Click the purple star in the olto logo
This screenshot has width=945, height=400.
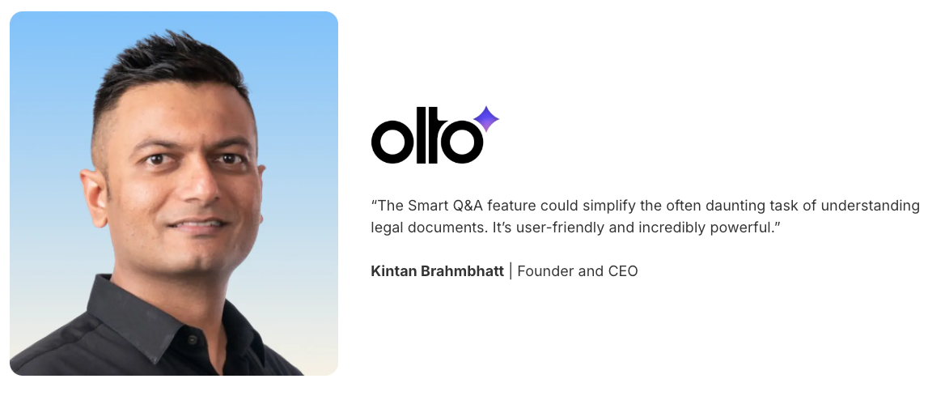coord(485,120)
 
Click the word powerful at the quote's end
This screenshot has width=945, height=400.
coord(743,228)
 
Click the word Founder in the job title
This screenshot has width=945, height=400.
coord(545,271)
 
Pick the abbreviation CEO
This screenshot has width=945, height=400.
coord(621,271)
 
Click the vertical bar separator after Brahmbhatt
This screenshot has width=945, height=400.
coord(511,271)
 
